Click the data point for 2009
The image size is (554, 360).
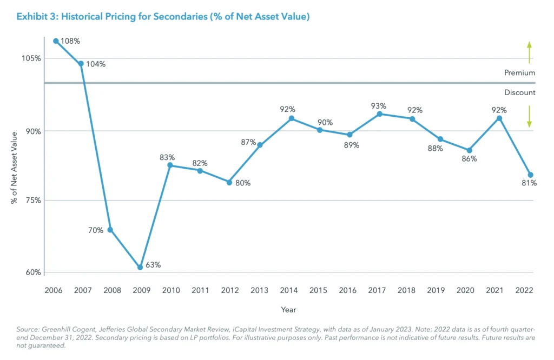(x=140, y=267)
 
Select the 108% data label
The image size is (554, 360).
(x=70, y=41)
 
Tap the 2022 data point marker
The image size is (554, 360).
(x=530, y=175)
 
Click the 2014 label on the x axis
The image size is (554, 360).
(x=289, y=290)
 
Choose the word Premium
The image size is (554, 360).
(x=519, y=72)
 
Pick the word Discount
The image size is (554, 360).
(x=519, y=92)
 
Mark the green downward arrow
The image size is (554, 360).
(x=529, y=117)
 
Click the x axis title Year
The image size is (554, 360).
(x=288, y=310)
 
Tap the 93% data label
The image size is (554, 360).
(x=379, y=106)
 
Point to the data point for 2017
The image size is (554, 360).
(x=379, y=114)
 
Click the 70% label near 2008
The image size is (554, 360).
(x=96, y=230)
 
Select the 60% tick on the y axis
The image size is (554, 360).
(x=33, y=272)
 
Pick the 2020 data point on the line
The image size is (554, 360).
(x=469, y=150)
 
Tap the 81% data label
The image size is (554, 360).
(x=529, y=183)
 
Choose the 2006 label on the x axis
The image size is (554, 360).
(x=53, y=290)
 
